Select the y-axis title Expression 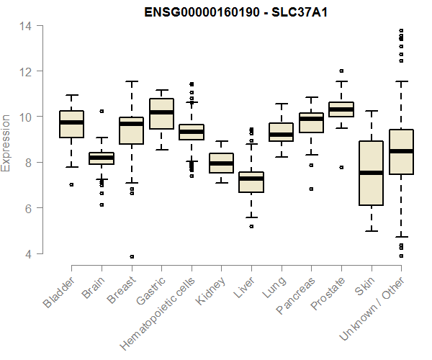pos(6,142)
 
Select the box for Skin pos(372,174)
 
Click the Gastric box pos(161,114)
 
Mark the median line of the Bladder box pos(71,122)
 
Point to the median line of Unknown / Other pos(401,151)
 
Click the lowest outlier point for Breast pos(132,256)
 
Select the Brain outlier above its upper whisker pos(102,111)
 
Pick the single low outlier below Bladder pos(71,184)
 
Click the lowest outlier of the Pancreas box pos(311,189)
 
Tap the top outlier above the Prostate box pos(341,71)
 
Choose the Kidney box pos(221,163)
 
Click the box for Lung pos(281,132)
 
